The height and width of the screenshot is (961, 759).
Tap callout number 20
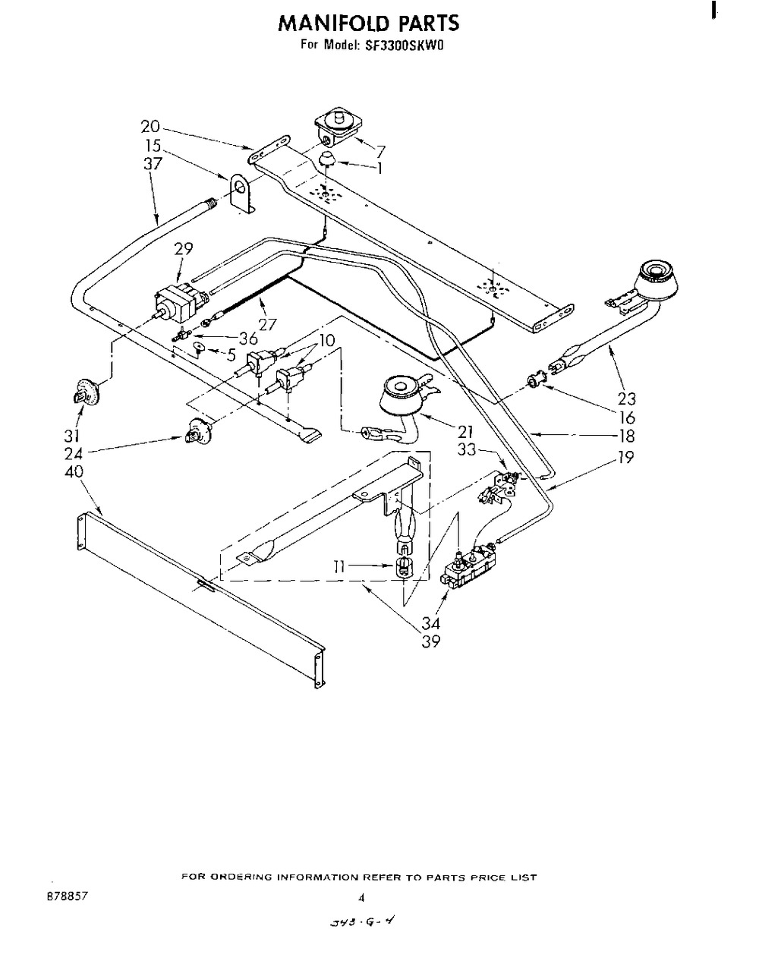[x=150, y=127]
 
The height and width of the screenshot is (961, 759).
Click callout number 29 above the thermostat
[x=183, y=248]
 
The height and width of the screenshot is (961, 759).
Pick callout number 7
[x=381, y=151]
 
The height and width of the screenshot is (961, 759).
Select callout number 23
[x=627, y=398]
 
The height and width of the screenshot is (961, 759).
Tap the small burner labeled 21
[x=402, y=397]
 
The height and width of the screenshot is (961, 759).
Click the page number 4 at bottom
[x=361, y=897]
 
